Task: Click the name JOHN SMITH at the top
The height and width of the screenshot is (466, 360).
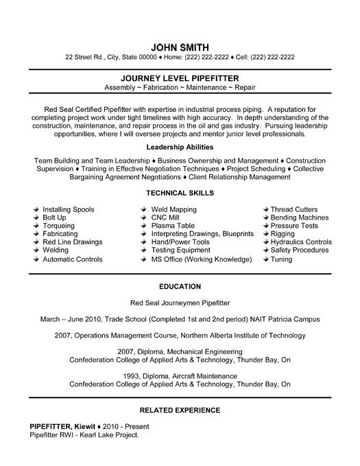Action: (x=180, y=46)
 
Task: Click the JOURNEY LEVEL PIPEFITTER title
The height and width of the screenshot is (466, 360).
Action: (x=180, y=79)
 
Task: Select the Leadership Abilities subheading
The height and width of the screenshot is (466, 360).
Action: (x=180, y=147)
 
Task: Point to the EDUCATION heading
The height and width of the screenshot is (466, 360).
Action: (x=180, y=286)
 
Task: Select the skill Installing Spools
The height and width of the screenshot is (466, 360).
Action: (x=69, y=209)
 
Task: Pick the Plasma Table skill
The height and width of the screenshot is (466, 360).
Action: (x=173, y=226)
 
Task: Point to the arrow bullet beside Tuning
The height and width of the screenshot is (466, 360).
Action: (x=264, y=259)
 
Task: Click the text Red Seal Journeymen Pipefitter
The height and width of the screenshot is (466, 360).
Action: (x=180, y=303)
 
